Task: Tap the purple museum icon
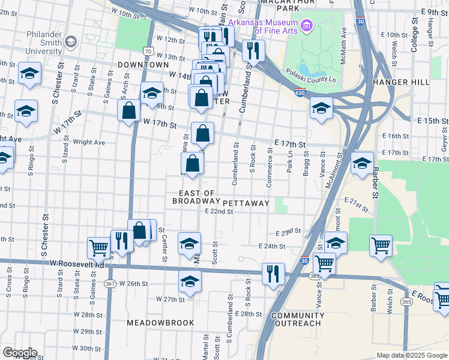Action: click(x=307, y=25)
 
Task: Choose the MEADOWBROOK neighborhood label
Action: click(x=160, y=323)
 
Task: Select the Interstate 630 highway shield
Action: click(x=300, y=92)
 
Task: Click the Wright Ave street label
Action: click(x=89, y=142)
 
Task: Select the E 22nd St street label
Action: click(x=218, y=211)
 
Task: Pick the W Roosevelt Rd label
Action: click(x=77, y=263)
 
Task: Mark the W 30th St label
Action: click(x=87, y=349)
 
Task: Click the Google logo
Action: click(x=19, y=353)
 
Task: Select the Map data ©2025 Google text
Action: click(x=411, y=355)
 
